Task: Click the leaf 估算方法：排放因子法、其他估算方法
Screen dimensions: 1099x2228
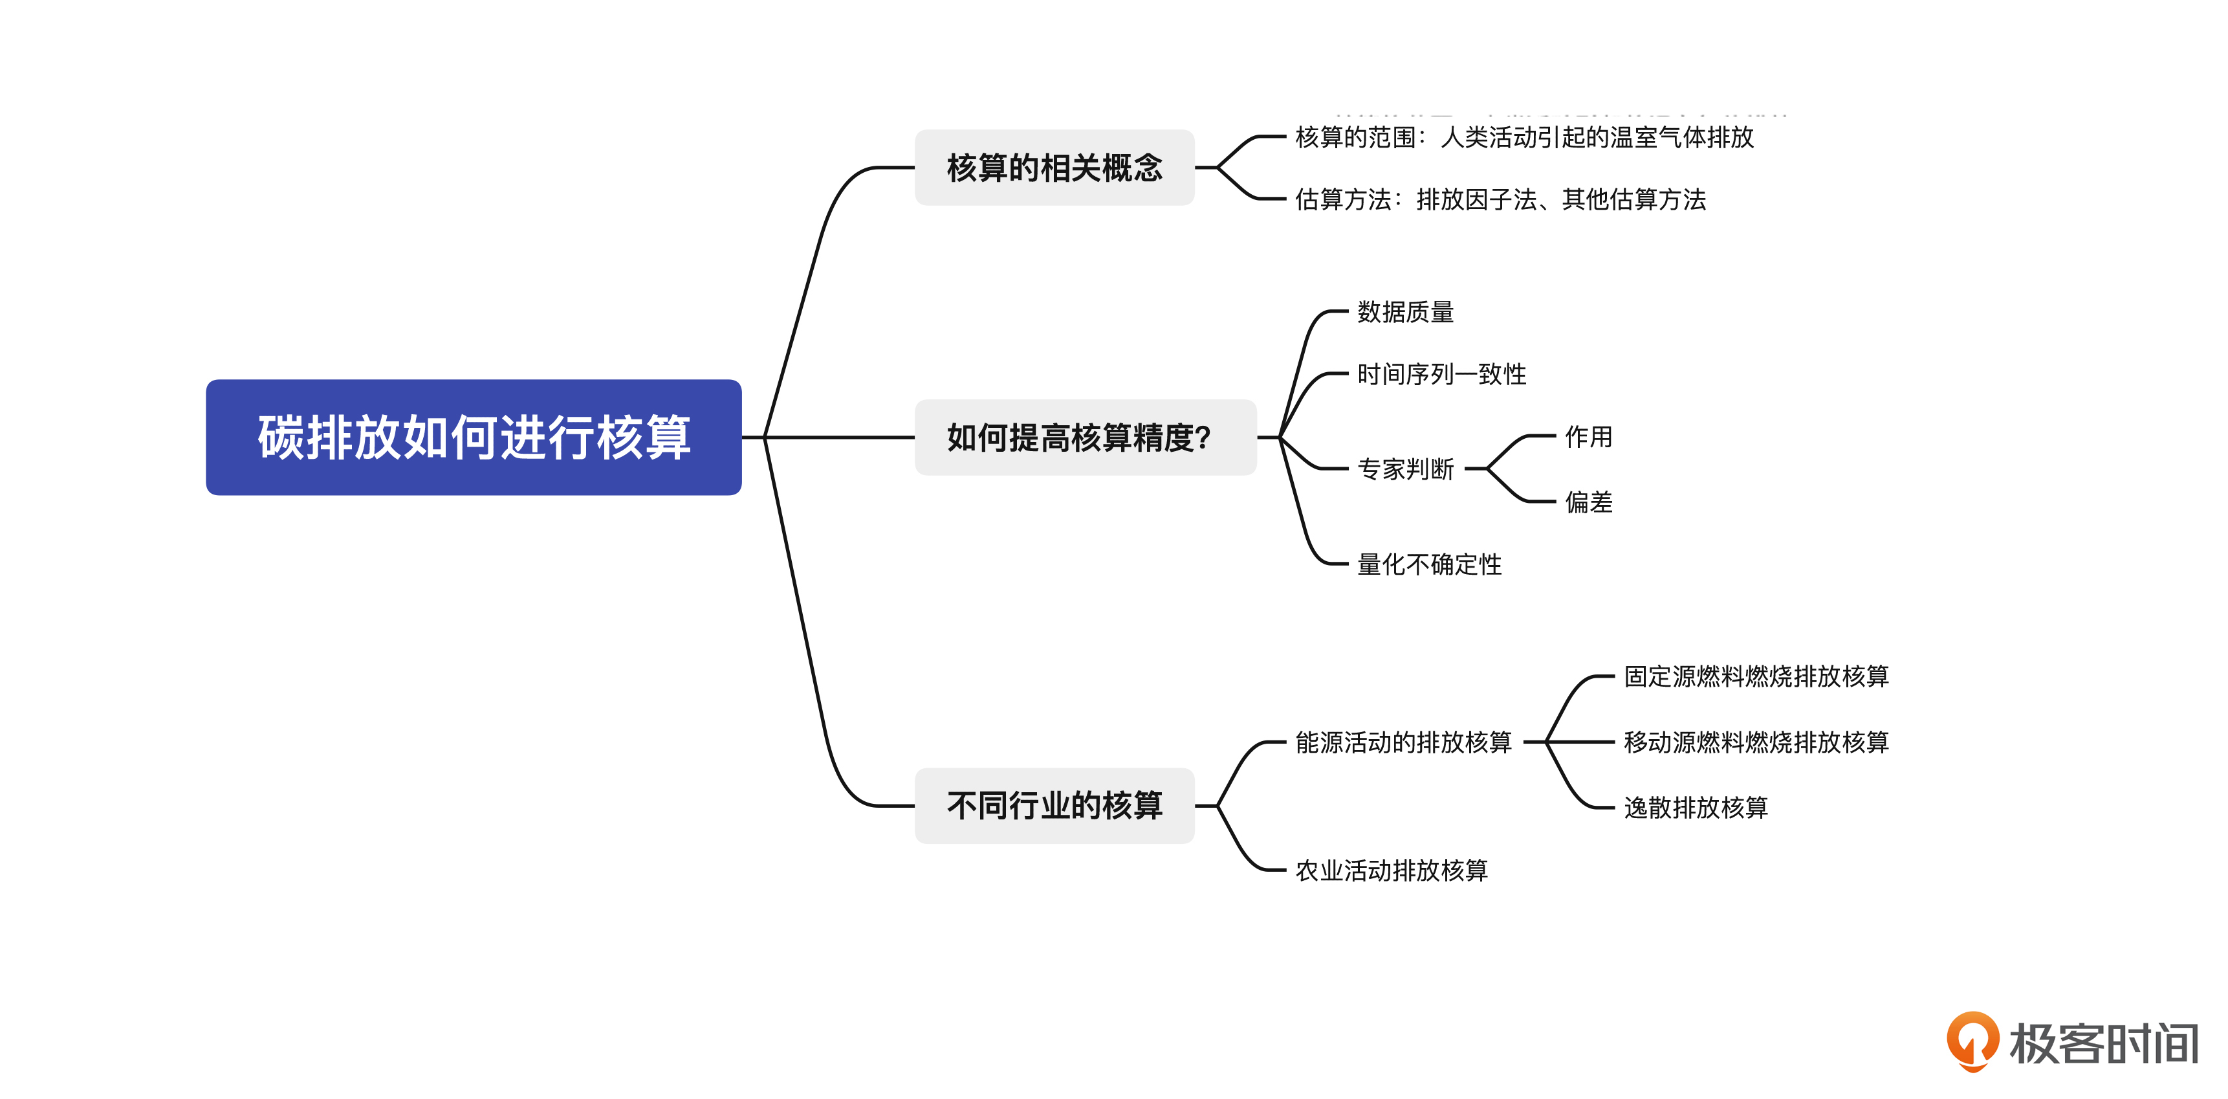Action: coord(1500,200)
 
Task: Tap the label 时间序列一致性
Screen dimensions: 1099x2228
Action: coord(1442,375)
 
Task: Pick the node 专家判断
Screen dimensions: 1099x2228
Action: coord(1406,469)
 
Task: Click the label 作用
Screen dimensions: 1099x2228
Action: coord(1589,437)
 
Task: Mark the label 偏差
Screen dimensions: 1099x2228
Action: coord(1589,502)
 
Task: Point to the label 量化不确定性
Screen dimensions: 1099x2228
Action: coord(1430,565)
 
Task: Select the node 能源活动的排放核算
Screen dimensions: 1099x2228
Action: coord(1403,742)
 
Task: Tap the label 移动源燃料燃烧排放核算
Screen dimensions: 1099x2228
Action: coord(1756,742)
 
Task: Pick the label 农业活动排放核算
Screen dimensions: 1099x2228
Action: coord(1391,871)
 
